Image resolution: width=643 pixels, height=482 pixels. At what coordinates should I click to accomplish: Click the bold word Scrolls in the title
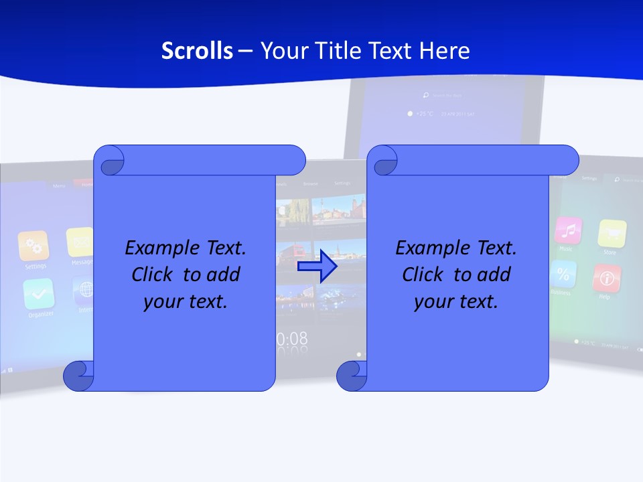pos(197,51)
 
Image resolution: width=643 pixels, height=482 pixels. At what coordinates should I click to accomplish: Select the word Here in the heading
pos(445,51)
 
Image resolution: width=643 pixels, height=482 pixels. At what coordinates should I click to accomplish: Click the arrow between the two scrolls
pos(317,267)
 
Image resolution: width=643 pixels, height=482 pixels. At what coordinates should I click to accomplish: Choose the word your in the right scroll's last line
pos(433,301)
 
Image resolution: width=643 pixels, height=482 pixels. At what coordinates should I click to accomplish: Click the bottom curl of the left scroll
pos(78,376)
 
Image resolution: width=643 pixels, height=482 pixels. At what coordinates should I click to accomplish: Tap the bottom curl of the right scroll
pos(352,376)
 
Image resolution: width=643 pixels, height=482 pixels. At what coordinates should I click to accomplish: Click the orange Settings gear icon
pos(33,246)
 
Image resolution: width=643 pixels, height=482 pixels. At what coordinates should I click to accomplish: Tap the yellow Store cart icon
pos(612,233)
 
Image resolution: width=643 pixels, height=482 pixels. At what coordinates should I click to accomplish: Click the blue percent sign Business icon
pos(563,274)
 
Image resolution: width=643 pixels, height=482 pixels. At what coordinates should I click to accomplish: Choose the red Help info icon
pos(607,277)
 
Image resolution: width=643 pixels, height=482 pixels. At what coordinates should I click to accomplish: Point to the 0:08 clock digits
pos(293,339)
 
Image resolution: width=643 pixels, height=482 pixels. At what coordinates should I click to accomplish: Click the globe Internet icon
pos(84,290)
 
